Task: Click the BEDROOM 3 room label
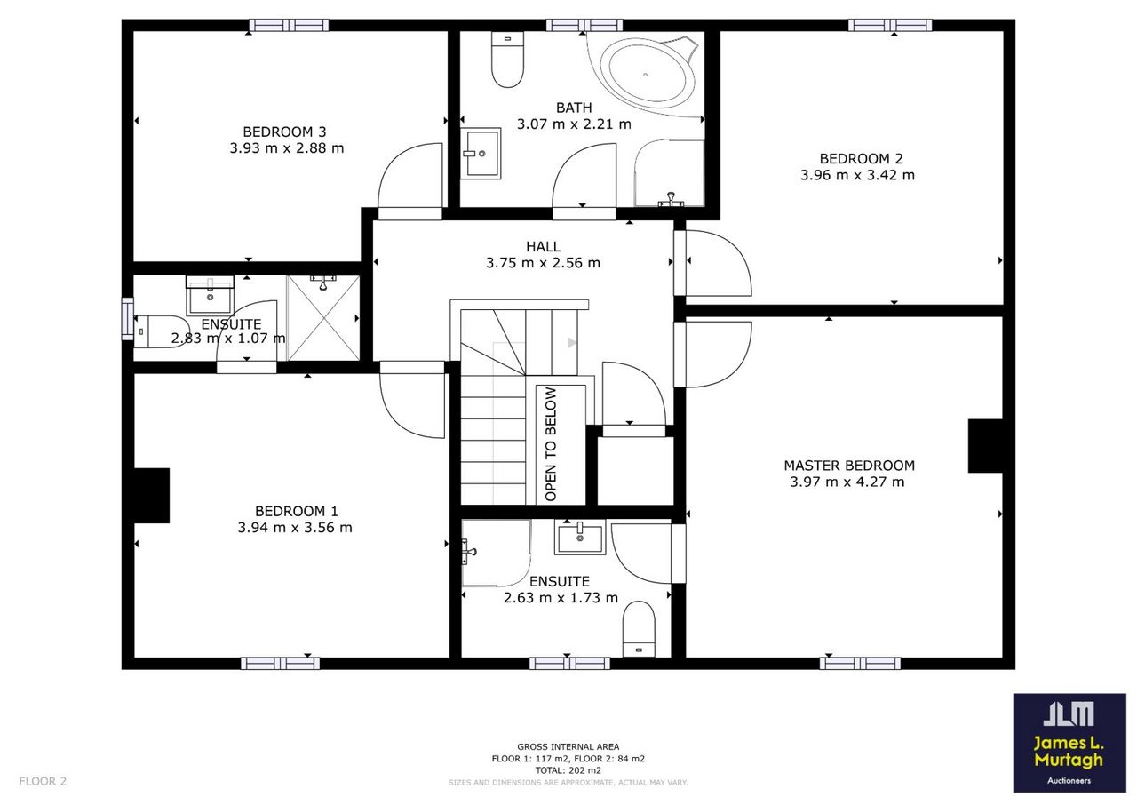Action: pos(284,132)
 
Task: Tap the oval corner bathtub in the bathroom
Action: pos(646,76)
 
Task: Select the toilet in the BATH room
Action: pos(507,60)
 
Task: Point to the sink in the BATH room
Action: pos(481,154)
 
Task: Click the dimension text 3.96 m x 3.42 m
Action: pos(857,175)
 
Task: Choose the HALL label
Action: pos(543,247)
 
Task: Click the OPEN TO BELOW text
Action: pos(550,444)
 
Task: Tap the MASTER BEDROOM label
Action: pos(849,466)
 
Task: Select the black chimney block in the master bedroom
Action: pos(985,446)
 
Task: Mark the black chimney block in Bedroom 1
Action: pos(151,496)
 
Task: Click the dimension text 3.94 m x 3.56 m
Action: pos(295,528)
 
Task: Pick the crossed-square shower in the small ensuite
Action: pos(323,318)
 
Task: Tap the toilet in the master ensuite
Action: pos(639,629)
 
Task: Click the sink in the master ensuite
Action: pos(580,537)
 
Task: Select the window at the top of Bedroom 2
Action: pos(890,25)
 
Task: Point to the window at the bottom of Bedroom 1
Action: pos(280,663)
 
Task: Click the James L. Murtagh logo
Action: pos(1069,743)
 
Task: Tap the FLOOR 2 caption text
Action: pos(43,781)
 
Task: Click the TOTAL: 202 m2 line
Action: pos(568,770)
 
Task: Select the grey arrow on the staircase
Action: pos(572,343)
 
